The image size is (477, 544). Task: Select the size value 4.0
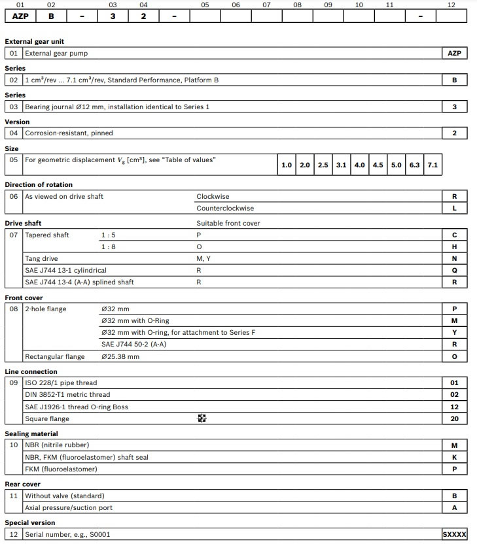[359, 165]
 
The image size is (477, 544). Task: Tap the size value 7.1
[433, 165]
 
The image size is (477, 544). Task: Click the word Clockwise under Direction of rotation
[213, 196]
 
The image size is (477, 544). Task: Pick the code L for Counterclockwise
[455, 209]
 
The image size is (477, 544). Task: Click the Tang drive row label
[41, 259]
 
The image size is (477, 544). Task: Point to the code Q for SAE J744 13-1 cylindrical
[455, 271]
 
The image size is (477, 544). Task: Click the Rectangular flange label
[54, 356]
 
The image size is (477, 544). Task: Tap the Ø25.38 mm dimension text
[120, 356]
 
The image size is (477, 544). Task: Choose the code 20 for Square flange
[455, 419]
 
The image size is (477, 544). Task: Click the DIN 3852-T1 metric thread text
[67, 395]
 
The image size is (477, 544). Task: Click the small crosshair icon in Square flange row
[202, 418]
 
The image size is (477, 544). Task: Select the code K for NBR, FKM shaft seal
[455, 458]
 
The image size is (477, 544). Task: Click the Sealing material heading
[31, 433]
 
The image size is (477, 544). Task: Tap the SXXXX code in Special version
[455, 535]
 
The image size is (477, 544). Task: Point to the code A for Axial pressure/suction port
[455, 508]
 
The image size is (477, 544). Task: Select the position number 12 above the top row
[451, 5]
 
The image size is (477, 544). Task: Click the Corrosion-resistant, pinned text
[69, 133]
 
